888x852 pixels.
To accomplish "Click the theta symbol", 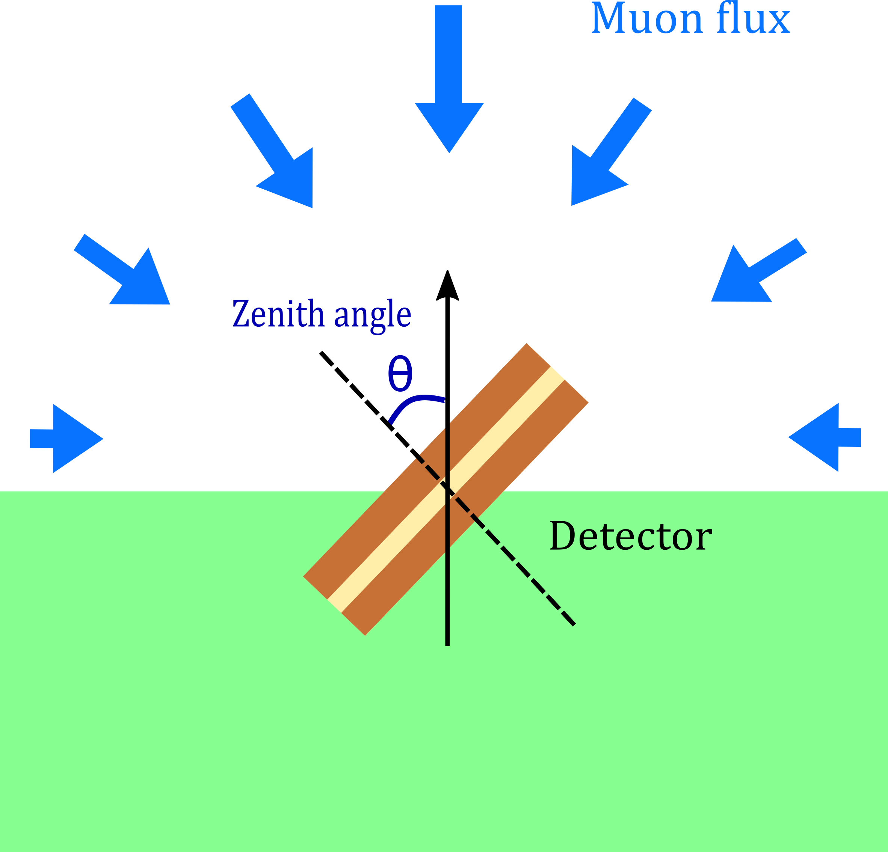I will [400, 374].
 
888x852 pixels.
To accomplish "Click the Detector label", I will [631, 536].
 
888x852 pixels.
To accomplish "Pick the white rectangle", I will [606, 248].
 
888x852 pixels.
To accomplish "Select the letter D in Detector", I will [562, 536].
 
